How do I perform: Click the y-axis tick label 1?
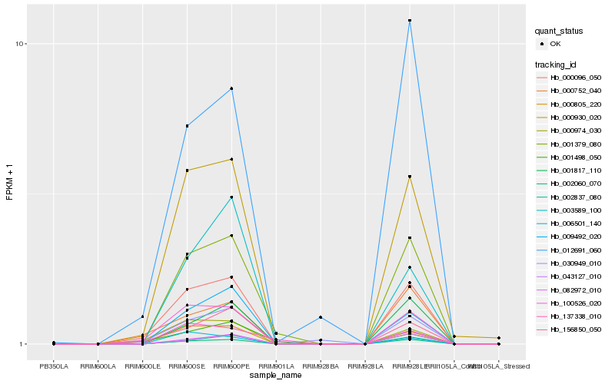coord(23,344)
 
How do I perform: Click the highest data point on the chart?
coord(410,21)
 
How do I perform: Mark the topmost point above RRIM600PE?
coord(231,89)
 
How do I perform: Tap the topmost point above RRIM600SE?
coord(187,125)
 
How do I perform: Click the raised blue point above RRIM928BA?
coord(321,317)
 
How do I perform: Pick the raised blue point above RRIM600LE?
coord(142,316)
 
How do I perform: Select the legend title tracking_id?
coord(556,64)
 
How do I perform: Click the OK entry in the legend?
coord(556,44)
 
